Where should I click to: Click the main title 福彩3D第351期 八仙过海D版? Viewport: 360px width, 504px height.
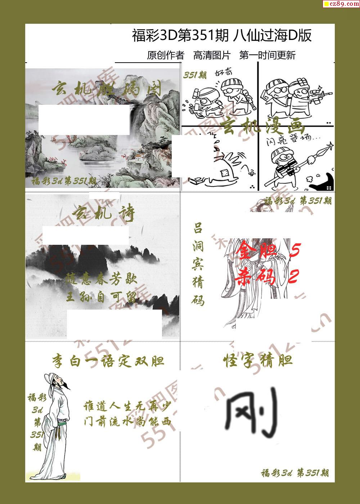point(221,36)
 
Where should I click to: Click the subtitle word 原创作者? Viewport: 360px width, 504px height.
point(165,55)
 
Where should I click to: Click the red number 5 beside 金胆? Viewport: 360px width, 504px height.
point(294,249)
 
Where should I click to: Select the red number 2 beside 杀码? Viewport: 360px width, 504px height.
point(293,277)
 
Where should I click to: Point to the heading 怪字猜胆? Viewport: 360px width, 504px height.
point(257,360)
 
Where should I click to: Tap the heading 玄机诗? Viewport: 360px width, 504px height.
point(103,214)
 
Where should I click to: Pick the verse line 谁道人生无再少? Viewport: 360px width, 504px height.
point(127,406)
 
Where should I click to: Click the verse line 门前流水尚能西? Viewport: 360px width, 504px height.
point(127,422)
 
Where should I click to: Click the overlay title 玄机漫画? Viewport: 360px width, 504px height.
point(263,127)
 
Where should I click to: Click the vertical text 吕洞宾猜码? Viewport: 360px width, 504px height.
point(198,264)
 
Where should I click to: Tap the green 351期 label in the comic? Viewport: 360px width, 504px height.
point(195,75)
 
